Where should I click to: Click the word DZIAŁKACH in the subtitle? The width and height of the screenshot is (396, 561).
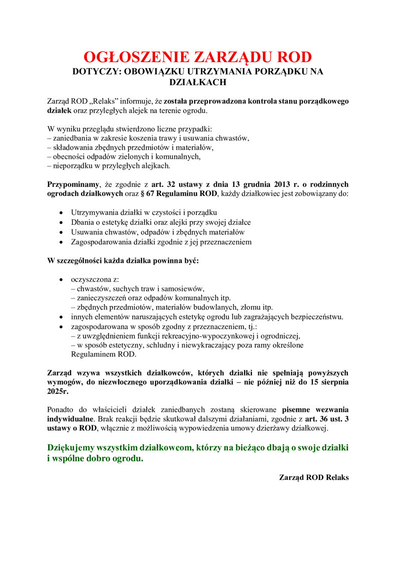click(x=198, y=82)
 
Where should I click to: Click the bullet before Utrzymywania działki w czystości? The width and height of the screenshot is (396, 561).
click(x=61, y=212)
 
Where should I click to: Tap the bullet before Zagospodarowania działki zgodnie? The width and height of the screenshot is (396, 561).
click(x=61, y=242)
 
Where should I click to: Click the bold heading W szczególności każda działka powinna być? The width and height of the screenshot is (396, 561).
click(x=123, y=261)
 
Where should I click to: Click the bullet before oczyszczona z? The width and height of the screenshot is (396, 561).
click(x=61, y=279)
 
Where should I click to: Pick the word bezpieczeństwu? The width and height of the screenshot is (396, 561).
click(x=317, y=317)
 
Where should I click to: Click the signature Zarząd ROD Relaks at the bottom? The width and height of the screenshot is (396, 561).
click(x=314, y=477)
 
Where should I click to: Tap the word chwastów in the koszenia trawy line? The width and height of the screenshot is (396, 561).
click(x=231, y=138)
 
